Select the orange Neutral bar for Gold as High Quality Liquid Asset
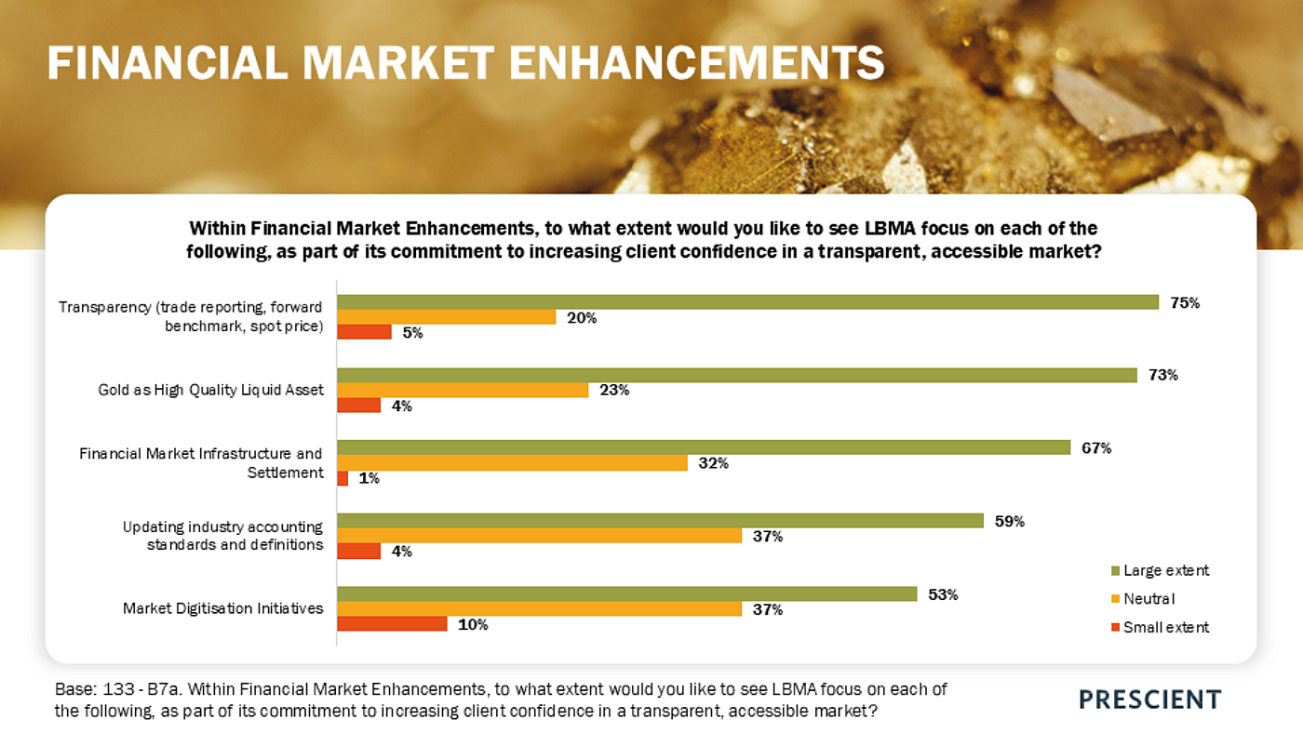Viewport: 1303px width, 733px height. coord(463,390)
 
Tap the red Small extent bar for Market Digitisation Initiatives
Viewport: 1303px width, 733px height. coord(392,624)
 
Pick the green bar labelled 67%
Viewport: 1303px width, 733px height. coord(704,447)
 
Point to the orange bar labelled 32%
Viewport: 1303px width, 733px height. coord(512,462)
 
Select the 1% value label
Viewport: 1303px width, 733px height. coord(369,479)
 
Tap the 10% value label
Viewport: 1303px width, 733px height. coord(473,625)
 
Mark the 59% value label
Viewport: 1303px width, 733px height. coord(1010,521)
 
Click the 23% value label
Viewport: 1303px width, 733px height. coord(614,391)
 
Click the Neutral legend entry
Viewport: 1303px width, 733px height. coord(1149,599)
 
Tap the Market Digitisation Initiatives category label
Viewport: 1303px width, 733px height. coord(223,608)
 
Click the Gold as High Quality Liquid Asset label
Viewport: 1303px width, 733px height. coord(211,390)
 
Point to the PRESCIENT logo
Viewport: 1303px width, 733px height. coord(1149,700)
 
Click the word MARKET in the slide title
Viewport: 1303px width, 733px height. coord(400,63)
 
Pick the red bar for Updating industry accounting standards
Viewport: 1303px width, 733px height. coord(358,552)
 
